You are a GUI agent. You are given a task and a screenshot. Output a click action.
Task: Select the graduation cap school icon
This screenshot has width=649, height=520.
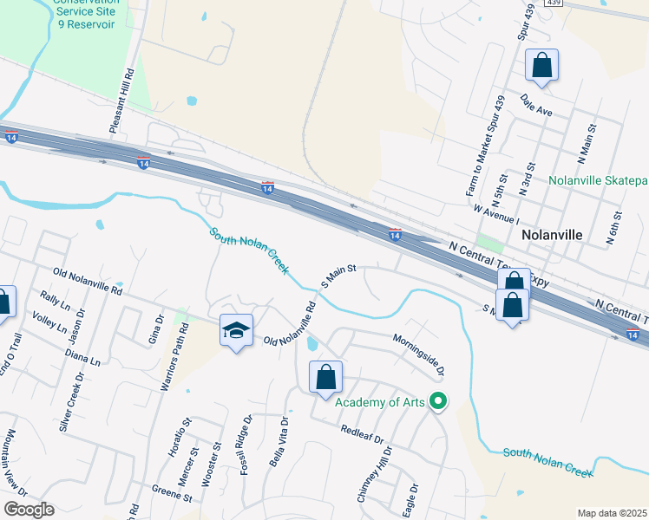pyautogui.click(x=236, y=330)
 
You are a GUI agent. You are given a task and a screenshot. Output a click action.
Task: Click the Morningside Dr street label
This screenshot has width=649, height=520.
pyautogui.click(x=418, y=355)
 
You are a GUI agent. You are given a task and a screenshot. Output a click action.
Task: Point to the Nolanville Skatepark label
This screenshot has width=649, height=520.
pyautogui.click(x=599, y=182)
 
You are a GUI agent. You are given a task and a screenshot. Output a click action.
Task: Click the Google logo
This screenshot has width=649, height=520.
pyautogui.click(x=29, y=510)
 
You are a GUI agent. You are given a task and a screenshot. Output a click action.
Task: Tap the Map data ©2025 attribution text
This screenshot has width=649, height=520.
pyautogui.click(x=612, y=513)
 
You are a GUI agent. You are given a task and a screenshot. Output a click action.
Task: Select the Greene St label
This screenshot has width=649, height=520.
pyautogui.click(x=171, y=496)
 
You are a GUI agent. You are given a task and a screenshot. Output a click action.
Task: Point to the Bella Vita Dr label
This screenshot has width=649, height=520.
pyautogui.click(x=280, y=441)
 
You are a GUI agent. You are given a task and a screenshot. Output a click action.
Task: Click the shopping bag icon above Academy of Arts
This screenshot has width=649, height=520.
pyautogui.click(x=325, y=377)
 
